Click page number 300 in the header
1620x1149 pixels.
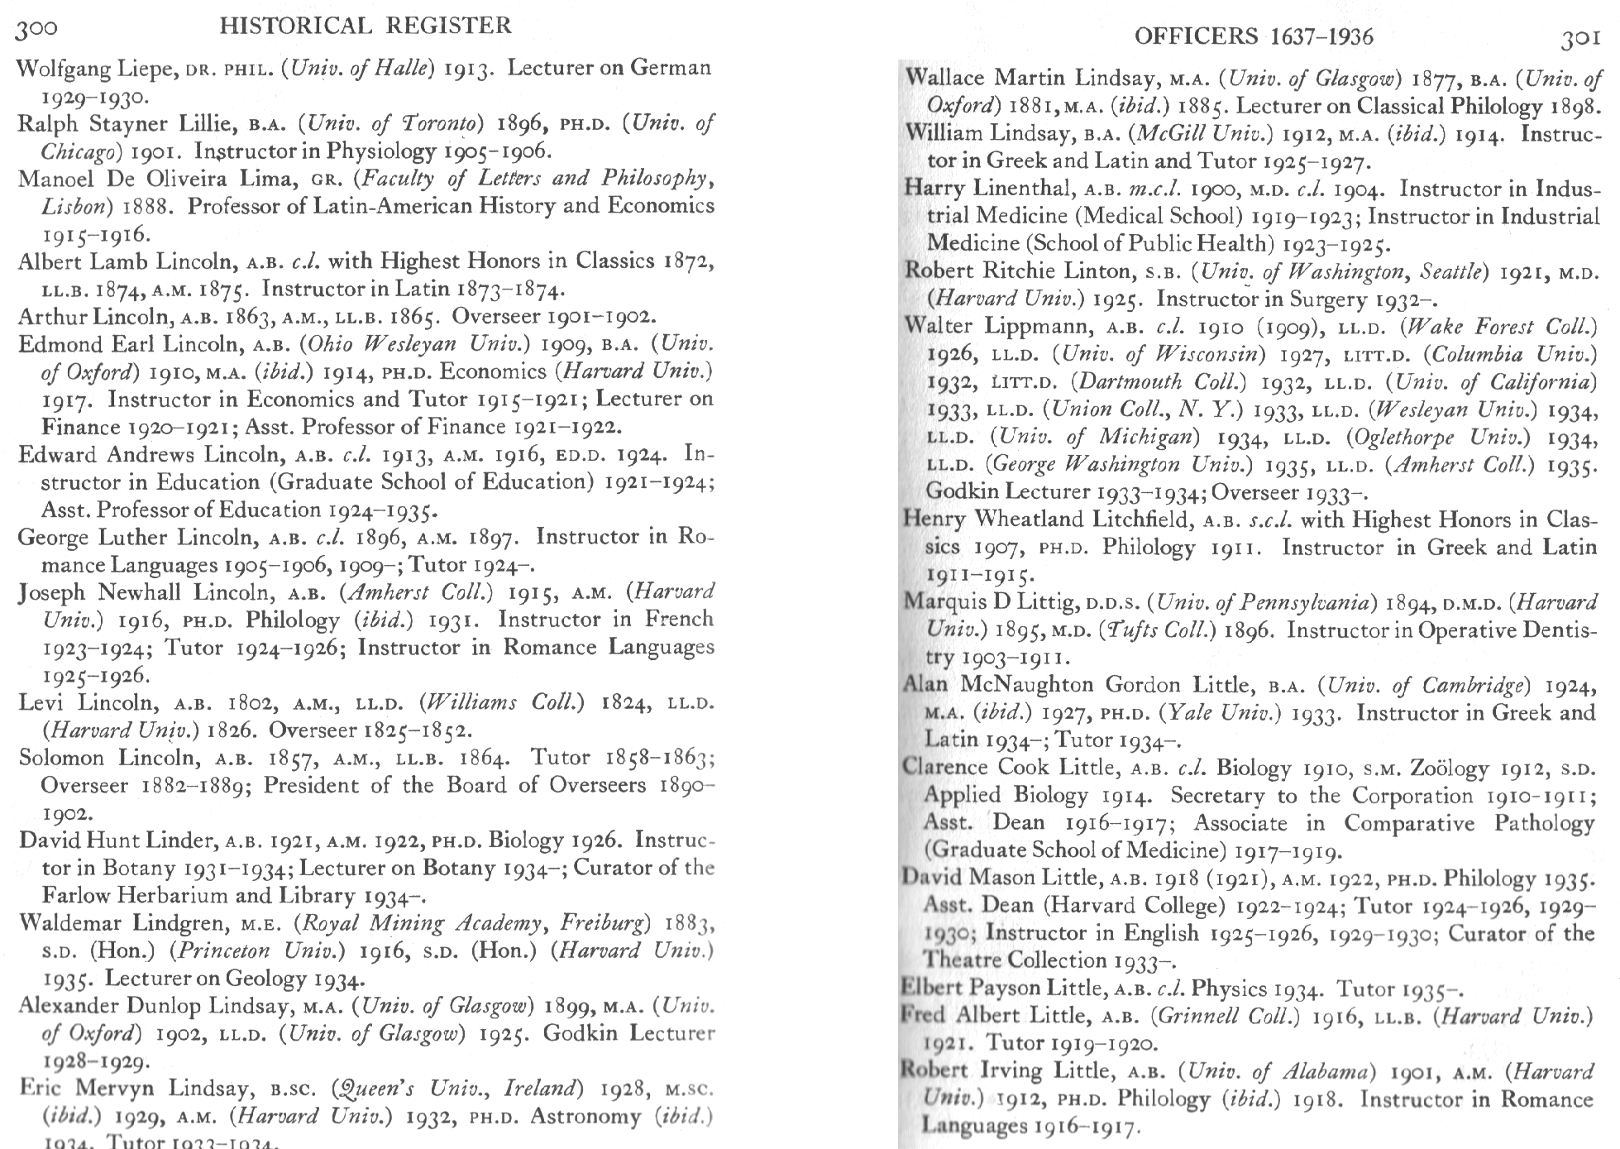37,29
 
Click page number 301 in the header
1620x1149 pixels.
1580,39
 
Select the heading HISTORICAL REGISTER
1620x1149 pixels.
366,26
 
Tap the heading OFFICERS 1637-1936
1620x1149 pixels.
1254,36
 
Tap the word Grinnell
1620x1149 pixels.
1198,1016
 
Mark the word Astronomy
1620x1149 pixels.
586,1117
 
